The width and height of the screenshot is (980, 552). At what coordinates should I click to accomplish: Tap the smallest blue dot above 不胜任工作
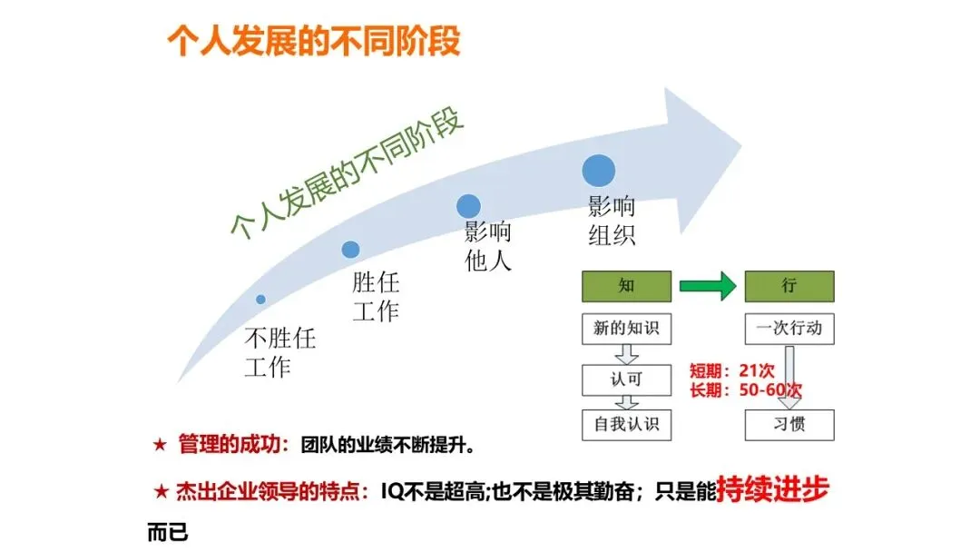[x=260, y=299]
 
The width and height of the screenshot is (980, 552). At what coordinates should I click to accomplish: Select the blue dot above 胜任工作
[x=350, y=249]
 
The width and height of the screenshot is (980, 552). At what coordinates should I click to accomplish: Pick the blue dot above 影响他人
[x=468, y=206]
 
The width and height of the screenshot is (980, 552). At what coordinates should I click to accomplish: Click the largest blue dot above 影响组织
[x=599, y=170]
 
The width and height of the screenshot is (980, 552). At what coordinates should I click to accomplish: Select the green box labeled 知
[x=626, y=287]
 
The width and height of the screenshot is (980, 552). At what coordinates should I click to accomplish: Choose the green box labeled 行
[x=789, y=287]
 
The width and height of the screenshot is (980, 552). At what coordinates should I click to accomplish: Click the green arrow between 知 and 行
[x=708, y=288]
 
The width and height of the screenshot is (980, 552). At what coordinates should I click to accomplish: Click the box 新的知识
[x=626, y=329]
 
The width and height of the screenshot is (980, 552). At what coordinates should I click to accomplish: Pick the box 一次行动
[x=789, y=329]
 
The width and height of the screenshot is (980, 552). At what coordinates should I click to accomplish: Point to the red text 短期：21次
[x=731, y=371]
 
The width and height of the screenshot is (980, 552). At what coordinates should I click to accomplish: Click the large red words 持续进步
[x=772, y=490]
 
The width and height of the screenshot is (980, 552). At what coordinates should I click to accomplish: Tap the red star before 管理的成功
[x=160, y=446]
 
